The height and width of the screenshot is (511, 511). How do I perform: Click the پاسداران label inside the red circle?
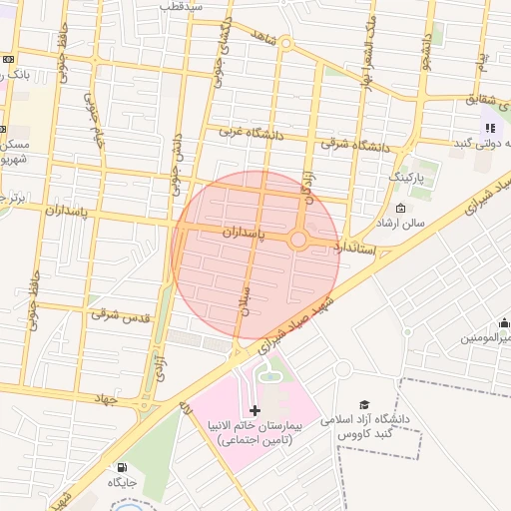245,232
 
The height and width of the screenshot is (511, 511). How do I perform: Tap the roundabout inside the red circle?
298,241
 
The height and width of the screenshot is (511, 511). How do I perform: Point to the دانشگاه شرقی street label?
354,145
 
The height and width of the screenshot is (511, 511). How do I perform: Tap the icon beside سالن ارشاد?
400,209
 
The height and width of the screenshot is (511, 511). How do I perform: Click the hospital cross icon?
255,410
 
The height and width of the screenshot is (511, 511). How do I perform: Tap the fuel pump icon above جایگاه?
122,466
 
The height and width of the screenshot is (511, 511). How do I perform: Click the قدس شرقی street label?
120,315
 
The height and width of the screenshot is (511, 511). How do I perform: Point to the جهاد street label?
104,399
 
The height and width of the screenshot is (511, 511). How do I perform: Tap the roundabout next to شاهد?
285,43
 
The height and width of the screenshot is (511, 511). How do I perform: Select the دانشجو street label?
426,47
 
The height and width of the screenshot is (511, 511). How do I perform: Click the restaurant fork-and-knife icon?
490,127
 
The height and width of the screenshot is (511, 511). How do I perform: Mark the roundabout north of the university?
342,369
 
